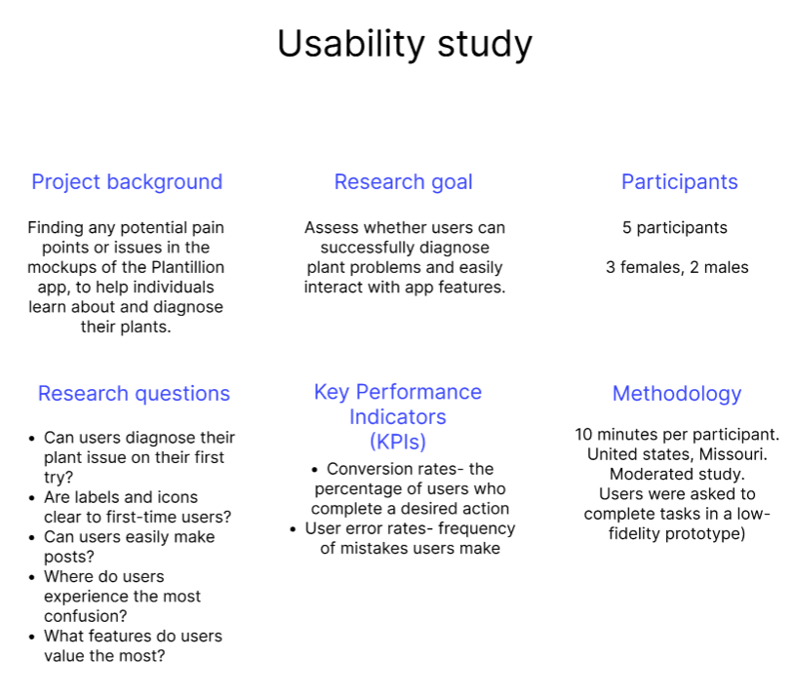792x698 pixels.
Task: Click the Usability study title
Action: [405, 45]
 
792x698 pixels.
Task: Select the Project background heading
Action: [127, 182]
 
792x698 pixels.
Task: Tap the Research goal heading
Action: [403, 182]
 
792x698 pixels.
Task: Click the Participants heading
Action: [679, 182]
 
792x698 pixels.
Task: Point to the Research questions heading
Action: [134, 394]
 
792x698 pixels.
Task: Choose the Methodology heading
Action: [677, 394]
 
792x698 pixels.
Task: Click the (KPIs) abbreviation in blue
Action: [398, 442]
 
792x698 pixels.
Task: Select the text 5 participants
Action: [675, 228]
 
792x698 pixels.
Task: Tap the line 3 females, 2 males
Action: [677, 267]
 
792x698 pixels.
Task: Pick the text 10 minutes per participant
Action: [677, 434]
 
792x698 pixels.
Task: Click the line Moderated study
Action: [677, 474]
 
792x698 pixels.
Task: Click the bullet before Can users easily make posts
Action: [33, 537]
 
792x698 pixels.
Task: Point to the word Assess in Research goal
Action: [332, 228]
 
